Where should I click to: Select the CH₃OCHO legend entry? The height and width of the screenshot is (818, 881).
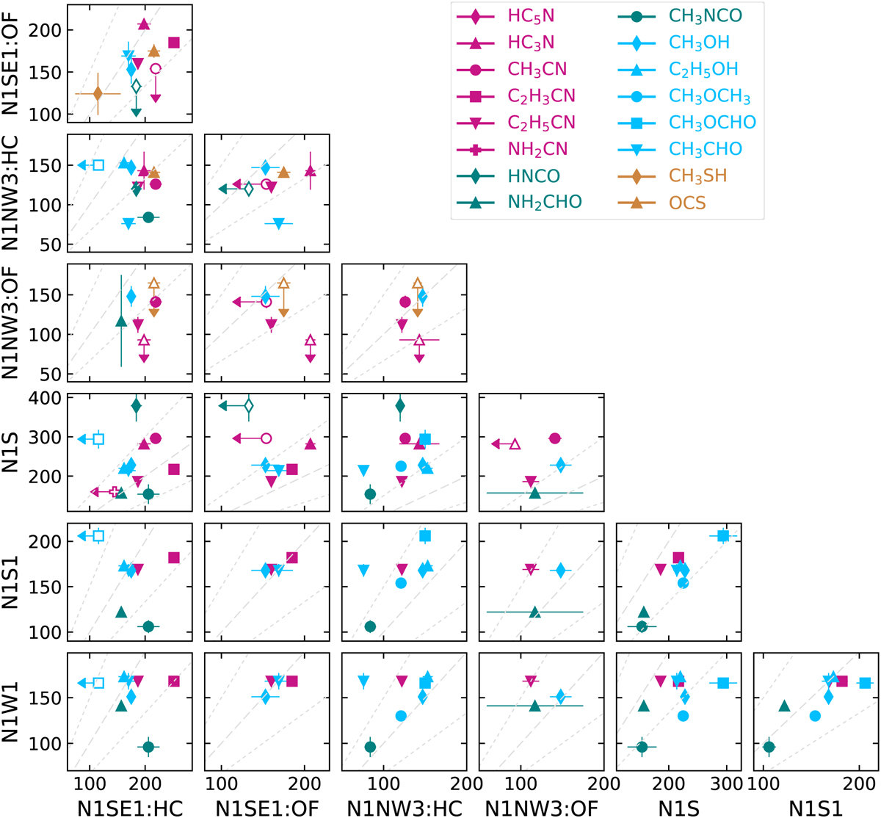click(x=712, y=123)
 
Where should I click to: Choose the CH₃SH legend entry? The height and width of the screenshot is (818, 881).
click(x=698, y=176)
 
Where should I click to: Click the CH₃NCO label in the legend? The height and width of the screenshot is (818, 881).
click(x=706, y=16)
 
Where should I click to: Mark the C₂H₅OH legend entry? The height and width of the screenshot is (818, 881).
click(x=703, y=70)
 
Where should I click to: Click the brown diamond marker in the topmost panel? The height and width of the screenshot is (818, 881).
click(x=98, y=93)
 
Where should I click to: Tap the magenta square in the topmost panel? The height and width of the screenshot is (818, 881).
click(x=174, y=43)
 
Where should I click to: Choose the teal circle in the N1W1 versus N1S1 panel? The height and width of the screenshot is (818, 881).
click(x=769, y=747)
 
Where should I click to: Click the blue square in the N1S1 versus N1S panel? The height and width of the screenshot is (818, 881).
click(x=723, y=536)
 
